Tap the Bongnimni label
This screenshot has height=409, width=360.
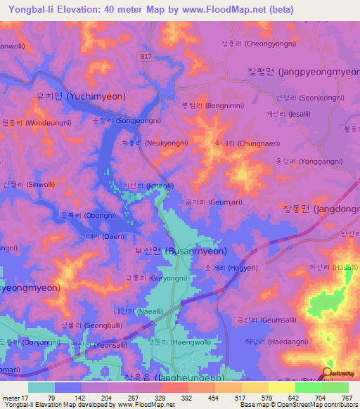[205, 106]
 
